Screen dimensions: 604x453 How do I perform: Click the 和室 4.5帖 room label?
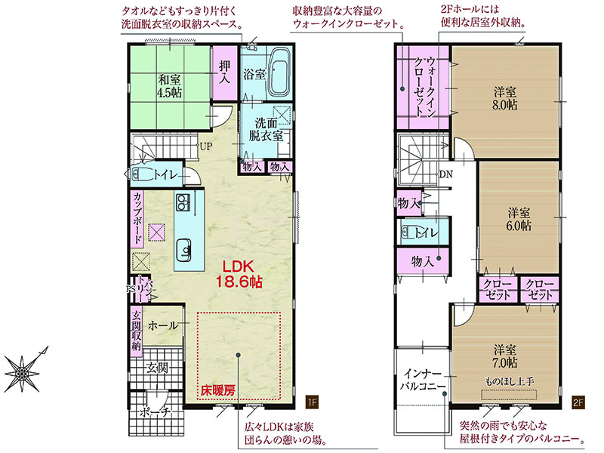click(169, 86)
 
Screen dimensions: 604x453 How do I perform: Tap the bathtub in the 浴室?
click(280, 72)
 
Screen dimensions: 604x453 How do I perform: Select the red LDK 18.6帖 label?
click(239, 274)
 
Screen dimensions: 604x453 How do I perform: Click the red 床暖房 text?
click(217, 391)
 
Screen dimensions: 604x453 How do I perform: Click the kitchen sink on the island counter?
click(184, 250)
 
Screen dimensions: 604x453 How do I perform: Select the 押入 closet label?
click(224, 72)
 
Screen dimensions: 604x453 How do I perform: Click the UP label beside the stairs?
click(205, 146)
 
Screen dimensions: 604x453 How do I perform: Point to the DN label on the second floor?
click(446, 174)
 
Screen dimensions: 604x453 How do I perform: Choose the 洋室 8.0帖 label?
click(505, 99)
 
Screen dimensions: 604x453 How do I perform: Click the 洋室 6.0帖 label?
click(519, 219)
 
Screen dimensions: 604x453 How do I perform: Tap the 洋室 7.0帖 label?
click(505, 356)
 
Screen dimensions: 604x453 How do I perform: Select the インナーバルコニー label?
click(422, 380)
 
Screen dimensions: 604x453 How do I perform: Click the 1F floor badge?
click(312, 402)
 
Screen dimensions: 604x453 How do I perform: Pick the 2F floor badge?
click(578, 402)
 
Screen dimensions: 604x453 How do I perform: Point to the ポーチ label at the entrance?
click(155, 412)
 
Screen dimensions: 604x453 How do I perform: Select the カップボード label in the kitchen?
click(137, 217)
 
